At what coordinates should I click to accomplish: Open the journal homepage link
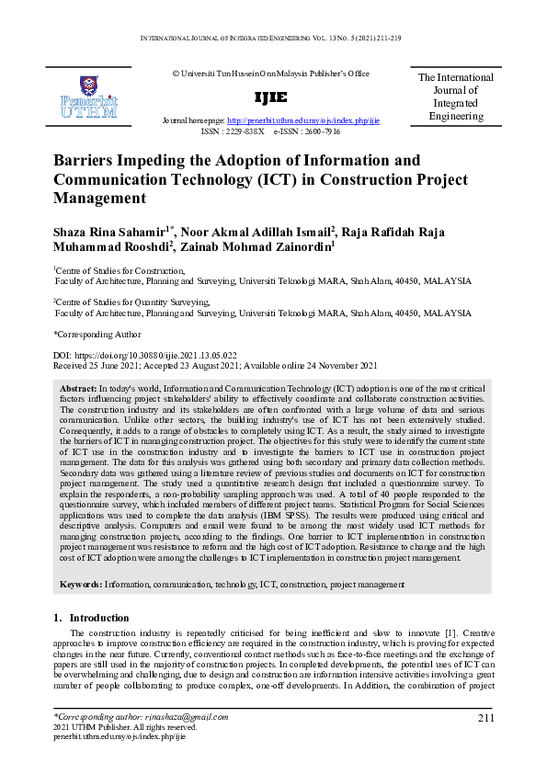[302, 121]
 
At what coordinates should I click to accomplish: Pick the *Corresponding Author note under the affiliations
[97, 334]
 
